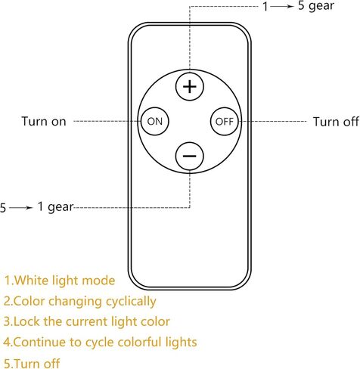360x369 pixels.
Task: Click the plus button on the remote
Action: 190,87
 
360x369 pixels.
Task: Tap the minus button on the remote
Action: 190,156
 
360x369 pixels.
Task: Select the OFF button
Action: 225,122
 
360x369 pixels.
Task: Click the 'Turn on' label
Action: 44,121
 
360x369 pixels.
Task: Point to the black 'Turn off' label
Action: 336,122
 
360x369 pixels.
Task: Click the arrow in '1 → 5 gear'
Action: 282,6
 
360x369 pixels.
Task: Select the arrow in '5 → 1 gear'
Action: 21,208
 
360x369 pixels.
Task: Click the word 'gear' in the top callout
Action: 321,6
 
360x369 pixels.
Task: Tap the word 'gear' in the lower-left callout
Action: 61,207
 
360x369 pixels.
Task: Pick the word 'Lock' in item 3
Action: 26,321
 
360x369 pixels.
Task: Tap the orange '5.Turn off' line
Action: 32,364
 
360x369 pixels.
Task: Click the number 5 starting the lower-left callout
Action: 3,208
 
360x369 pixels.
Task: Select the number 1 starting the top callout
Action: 265,7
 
